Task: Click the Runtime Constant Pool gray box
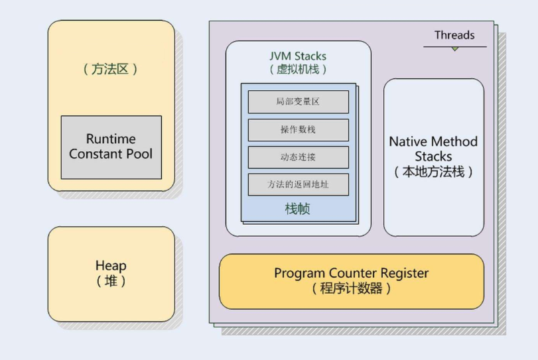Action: (111, 147)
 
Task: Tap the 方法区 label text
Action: (111, 69)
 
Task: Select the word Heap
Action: (111, 266)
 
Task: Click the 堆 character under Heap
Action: (111, 280)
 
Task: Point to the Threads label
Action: (454, 35)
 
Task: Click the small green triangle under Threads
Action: (454, 49)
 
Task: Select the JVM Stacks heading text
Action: (298, 56)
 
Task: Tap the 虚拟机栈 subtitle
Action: (298, 69)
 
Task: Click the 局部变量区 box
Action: (298, 102)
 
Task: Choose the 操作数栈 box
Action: (298, 130)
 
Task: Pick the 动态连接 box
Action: (298, 157)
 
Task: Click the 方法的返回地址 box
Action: (298, 184)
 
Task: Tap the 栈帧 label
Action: (298, 210)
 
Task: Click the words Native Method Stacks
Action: (433, 149)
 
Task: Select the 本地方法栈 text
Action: (433, 172)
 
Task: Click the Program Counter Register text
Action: (351, 273)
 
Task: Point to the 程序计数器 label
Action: (351, 289)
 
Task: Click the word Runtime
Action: (111, 139)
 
